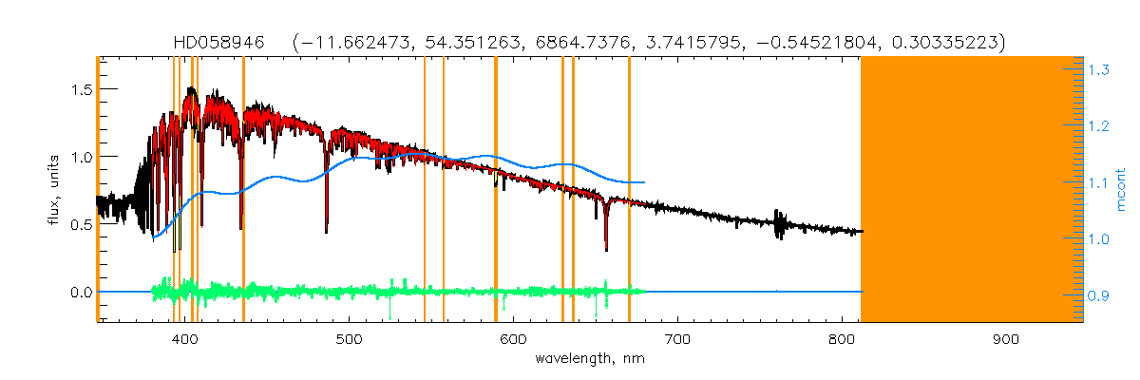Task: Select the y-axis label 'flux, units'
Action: (x=53, y=189)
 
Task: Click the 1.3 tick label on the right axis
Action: (x=1100, y=69)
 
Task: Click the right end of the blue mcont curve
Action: (x=645, y=181)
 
